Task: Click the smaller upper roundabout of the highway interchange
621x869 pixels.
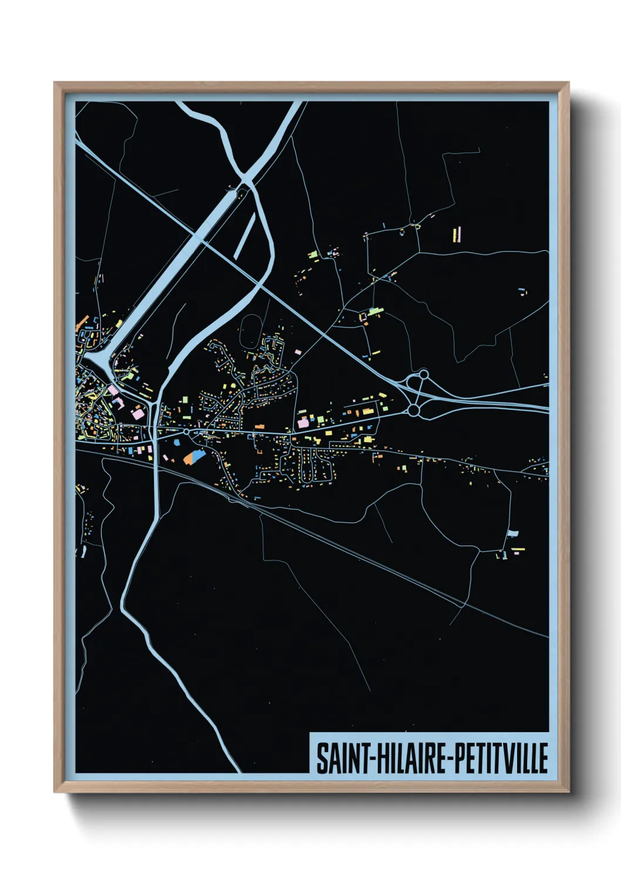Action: click(423, 373)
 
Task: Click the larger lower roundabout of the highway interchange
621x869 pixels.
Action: click(413, 410)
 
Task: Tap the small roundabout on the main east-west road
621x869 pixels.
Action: click(186, 432)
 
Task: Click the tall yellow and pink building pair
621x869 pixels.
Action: click(456, 234)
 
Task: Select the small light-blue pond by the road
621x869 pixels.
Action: click(513, 533)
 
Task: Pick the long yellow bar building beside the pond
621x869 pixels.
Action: click(518, 550)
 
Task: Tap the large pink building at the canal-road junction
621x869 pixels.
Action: click(137, 415)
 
